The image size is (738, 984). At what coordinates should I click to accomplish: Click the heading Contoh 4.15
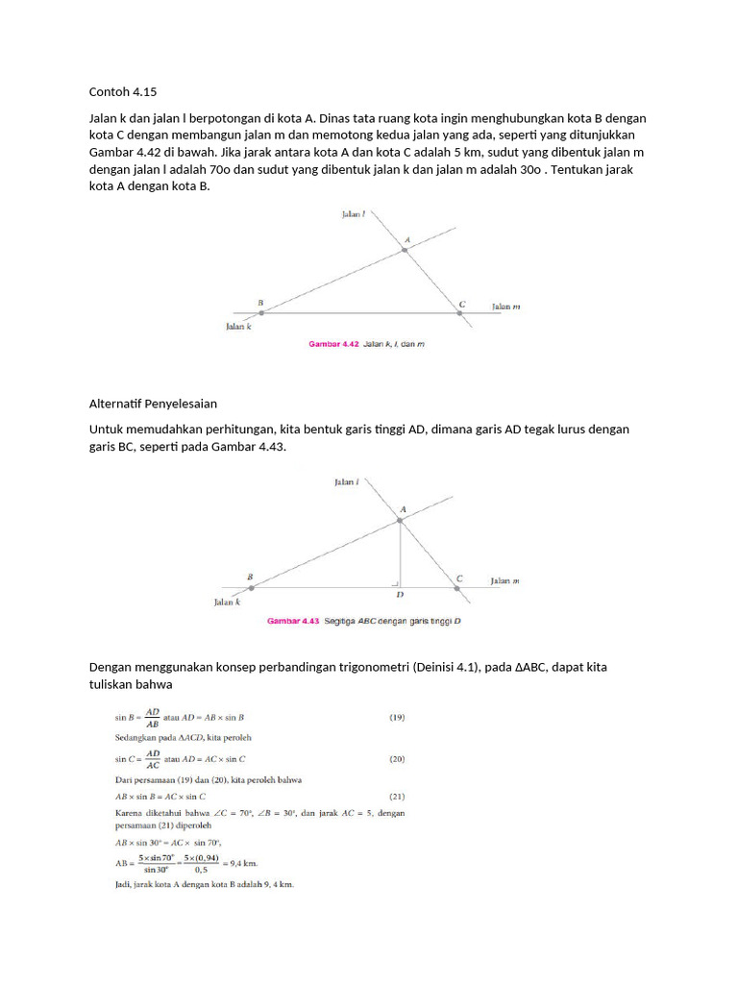click(122, 92)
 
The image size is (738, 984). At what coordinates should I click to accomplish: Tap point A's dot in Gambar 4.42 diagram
click(405, 250)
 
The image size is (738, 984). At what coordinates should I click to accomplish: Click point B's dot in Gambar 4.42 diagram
click(261, 312)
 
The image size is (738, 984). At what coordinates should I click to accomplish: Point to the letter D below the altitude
click(400, 596)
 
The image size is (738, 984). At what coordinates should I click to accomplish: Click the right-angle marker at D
click(395, 582)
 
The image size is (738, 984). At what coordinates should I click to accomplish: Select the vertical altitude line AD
click(400, 553)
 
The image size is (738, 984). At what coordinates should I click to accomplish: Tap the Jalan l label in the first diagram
click(353, 215)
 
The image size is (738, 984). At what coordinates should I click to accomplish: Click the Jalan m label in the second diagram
click(505, 580)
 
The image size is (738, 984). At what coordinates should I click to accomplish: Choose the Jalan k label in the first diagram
click(238, 326)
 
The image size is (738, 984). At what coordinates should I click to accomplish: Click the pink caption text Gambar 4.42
click(332, 343)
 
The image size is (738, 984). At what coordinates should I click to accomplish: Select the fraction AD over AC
click(154, 758)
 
